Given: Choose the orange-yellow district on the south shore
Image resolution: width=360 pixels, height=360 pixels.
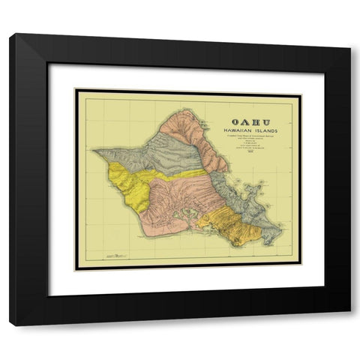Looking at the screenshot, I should [229, 225].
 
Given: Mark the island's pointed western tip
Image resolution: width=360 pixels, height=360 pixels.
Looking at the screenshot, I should [94, 150].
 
